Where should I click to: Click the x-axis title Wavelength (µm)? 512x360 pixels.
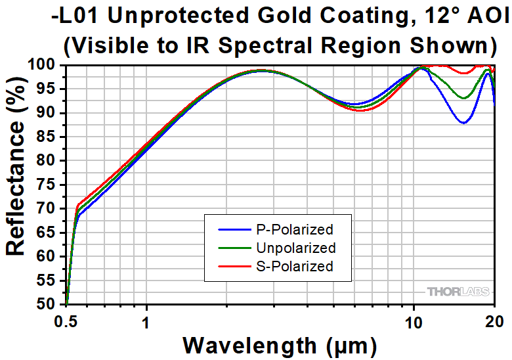coord(280,344)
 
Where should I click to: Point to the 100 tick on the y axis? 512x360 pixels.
coord(47,65)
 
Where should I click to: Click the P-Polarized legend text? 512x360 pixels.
coord(294,229)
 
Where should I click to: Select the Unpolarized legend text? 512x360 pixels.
coord(295,248)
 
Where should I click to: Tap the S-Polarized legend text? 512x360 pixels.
coord(294,266)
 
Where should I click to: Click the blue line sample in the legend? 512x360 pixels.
coord(232,230)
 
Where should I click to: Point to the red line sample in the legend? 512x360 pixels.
coord(232,267)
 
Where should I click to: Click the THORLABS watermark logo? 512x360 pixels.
coord(457,291)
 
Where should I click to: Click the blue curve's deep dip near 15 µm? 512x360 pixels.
coord(464,122)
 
